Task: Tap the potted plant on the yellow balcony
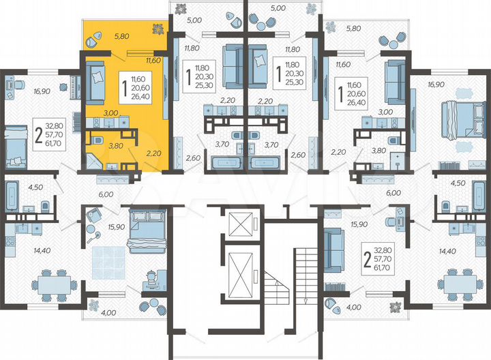point(159,29)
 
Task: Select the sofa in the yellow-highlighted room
point(95,81)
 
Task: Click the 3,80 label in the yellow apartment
point(97,145)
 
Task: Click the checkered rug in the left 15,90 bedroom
point(110,260)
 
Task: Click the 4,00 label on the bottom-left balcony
point(108,313)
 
